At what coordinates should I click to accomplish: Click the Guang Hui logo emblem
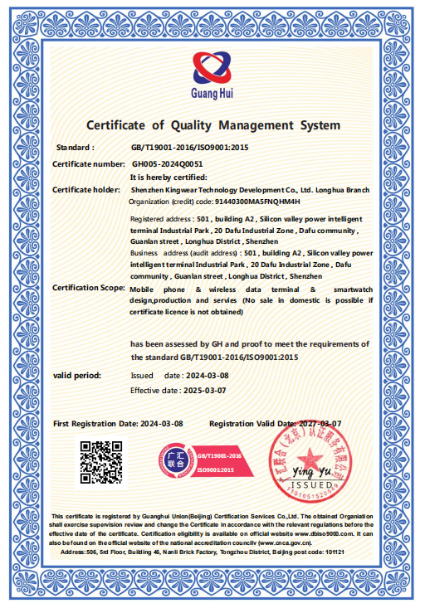pyautogui.click(x=212, y=66)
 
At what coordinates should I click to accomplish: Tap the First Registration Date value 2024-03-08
pyautogui.click(x=161, y=423)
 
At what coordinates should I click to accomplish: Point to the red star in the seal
pyautogui.click(x=312, y=457)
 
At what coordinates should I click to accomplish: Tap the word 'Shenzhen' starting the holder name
pyautogui.click(x=148, y=190)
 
